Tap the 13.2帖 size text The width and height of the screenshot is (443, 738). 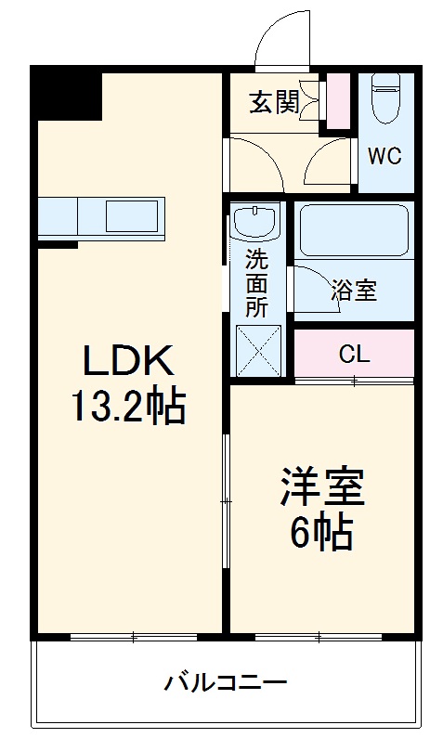point(129,406)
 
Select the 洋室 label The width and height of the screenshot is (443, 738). point(324,486)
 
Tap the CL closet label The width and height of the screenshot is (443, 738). point(354,353)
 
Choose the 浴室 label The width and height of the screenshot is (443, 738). point(353,290)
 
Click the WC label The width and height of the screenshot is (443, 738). point(384,156)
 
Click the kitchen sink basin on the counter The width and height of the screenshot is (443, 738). point(133,216)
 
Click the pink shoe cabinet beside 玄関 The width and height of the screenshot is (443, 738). point(339,100)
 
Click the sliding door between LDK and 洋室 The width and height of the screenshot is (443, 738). point(226,501)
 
